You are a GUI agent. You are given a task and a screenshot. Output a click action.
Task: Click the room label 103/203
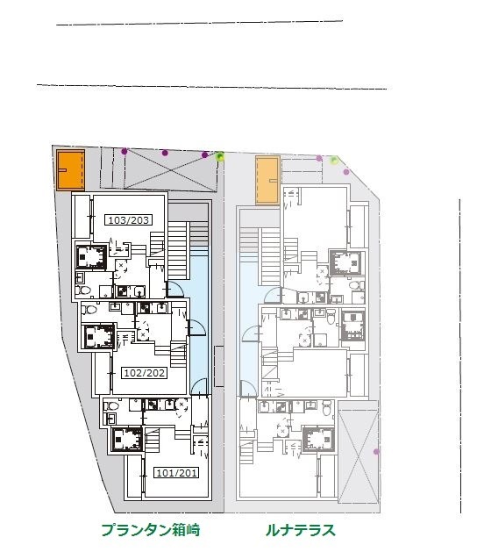click(x=129, y=220)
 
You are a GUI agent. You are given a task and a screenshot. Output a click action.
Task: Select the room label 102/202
click(x=145, y=373)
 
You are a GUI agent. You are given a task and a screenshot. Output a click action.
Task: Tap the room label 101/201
click(x=176, y=473)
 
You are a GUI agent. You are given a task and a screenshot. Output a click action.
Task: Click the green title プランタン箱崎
click(x=151, y=530)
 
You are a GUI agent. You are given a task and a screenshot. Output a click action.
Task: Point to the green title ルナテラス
click(x=301, y=530)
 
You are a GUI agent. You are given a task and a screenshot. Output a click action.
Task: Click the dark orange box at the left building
click(x=71, y=170)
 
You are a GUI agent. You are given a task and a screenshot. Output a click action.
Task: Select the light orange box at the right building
click(x=267, y=181)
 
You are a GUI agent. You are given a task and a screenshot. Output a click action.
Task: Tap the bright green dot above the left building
click(x=220, y=156)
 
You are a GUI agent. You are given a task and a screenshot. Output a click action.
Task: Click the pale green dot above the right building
click(x=334, y=160)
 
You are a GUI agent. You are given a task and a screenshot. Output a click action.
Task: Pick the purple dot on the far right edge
click(x=376, y=452)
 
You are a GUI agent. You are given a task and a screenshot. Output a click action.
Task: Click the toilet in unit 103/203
click(x=84, y=290)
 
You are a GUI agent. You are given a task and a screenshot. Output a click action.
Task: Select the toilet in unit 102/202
click(x=89, y=309)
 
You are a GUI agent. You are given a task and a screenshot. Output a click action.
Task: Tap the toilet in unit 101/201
click(x=111, y=405)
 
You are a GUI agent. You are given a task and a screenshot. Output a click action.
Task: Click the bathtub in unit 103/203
click(x=91, y=256)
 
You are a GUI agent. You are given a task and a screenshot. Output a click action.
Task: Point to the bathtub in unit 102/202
click(x=99, y=336)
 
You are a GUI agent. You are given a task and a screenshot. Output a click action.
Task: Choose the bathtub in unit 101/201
click(x=127, y=439)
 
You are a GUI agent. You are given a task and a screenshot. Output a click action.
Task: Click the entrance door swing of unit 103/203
click(x=174, y=289)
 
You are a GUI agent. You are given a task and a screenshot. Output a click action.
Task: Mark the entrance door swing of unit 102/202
click(x=197, y=327)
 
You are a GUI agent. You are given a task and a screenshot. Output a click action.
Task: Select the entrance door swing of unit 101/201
click(x=199, y=386)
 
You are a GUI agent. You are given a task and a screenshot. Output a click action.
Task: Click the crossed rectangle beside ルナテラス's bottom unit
click(x=358, y=456)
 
